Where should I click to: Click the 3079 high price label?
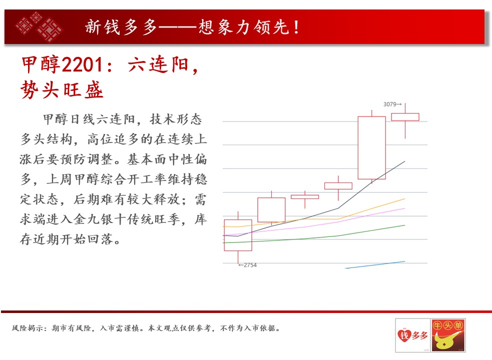click(392, 104)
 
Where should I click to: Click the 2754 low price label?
click(247, 265)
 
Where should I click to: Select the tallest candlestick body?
click(372, 147)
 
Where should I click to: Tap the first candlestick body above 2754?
click(238, 235)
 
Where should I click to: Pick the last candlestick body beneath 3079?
click(405, 117)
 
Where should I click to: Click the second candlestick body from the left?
click(271, 210)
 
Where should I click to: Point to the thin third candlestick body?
click(305, 197)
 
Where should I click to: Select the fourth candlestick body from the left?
click(338, 186)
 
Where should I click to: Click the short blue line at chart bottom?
click(375, 264)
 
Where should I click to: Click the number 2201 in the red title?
click(82, 64)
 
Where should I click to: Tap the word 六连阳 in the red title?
click(159, 64)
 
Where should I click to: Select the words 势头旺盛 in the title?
click(62, 89)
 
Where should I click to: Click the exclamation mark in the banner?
click(296, 27)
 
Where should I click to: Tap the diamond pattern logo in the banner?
click(39, 27)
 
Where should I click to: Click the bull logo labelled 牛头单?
click(448, 335)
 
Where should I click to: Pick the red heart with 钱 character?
click(404, 335)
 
